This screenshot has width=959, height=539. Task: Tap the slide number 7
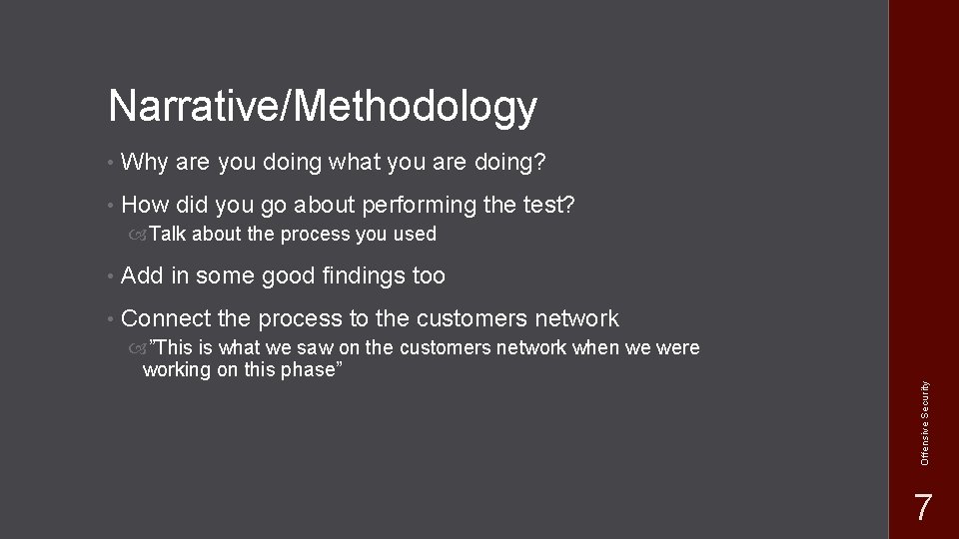click(924, 507)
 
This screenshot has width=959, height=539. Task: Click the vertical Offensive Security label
click(925, 420)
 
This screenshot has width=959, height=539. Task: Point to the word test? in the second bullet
click(548, 206)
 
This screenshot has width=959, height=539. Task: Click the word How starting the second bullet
click(144, 206)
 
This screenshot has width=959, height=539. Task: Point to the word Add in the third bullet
click(142, 275)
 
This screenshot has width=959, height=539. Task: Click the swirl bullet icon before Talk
click(136, 235)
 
